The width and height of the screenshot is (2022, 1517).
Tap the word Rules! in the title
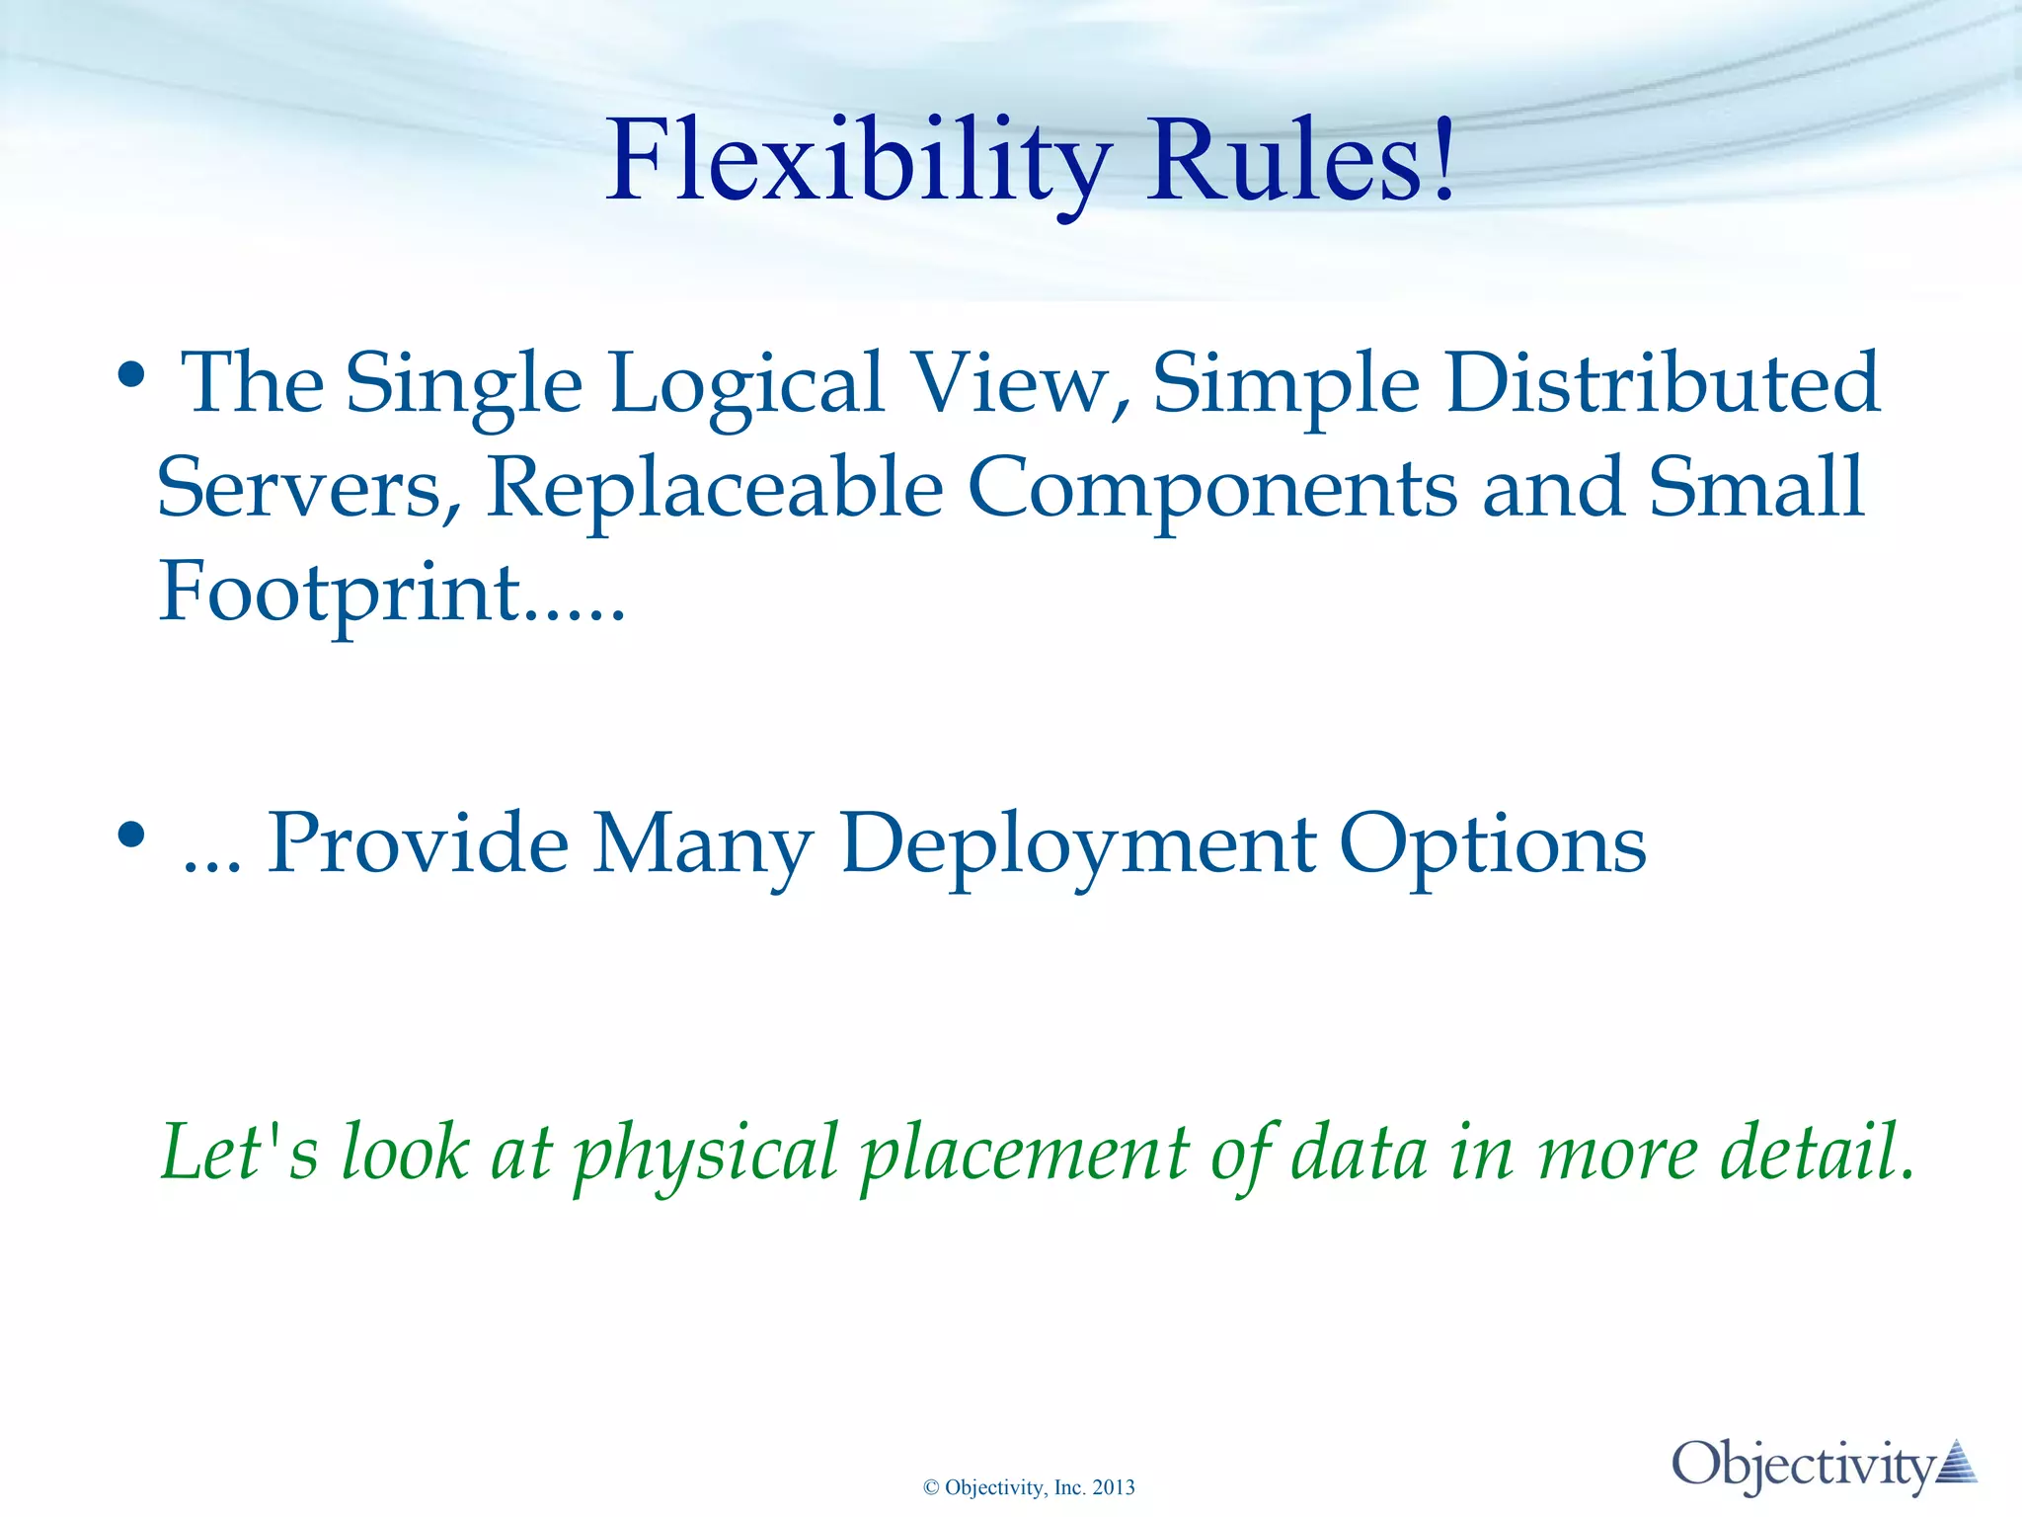coord(1300,161)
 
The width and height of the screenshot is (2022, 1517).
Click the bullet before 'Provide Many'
coord(131,836)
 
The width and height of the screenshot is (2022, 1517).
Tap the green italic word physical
coord(706,1154)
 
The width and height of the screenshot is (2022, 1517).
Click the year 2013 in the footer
coord(1114,1487)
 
